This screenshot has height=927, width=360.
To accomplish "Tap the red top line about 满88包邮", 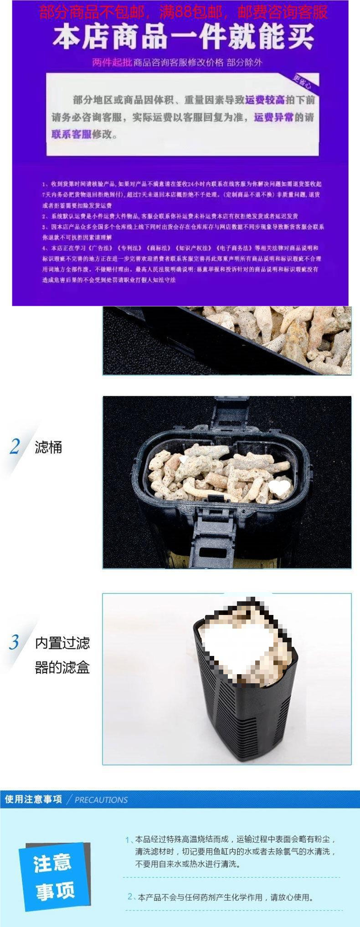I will (183, 11).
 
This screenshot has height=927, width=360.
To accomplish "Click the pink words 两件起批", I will (112, 62).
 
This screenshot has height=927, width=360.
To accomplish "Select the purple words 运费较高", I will (265, 100).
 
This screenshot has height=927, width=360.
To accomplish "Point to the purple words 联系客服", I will (71, 134).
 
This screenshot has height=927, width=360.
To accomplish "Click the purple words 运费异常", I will (273, 118).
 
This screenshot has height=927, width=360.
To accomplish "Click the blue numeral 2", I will (15, 447).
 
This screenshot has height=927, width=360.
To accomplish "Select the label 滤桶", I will (48, 447).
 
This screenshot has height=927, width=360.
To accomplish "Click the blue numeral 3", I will (14, 643).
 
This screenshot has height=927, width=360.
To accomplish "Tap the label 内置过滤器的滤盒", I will (62, 655).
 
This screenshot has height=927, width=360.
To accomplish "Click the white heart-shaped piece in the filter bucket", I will (279, 487).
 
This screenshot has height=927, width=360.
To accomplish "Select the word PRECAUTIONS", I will (101, 800).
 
